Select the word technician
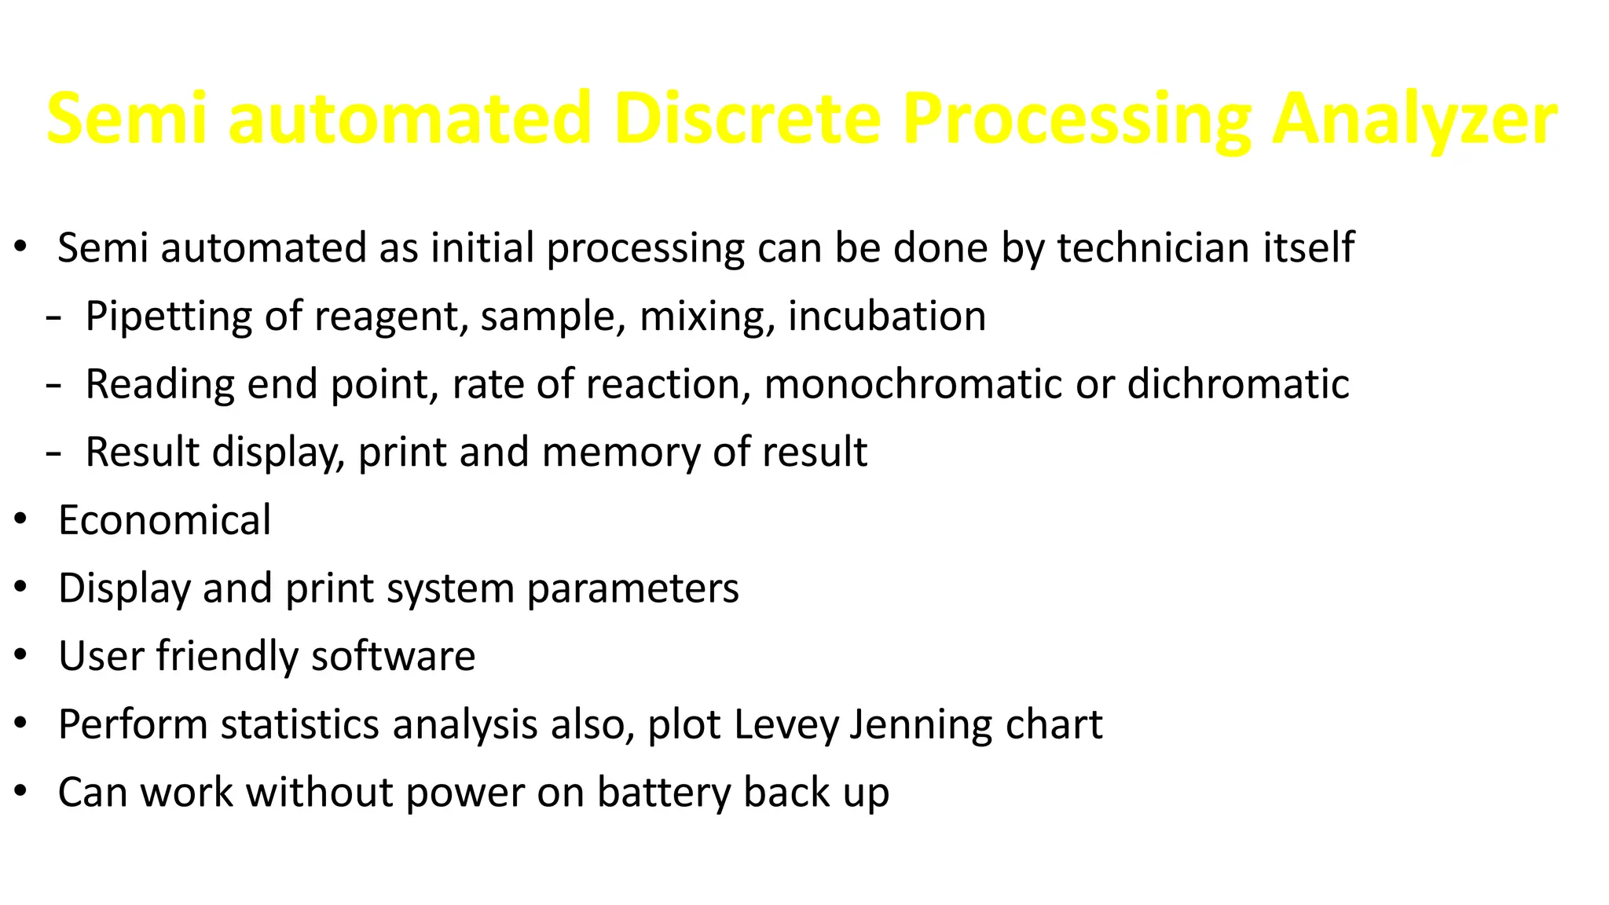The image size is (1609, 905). tap(1153, 248)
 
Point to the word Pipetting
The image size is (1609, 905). tap(168, 317)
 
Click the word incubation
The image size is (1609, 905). tap(886, 317)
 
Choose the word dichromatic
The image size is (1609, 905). tap(1237, 384)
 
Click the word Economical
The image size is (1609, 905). tap(164, 520)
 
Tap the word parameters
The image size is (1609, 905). tap(632, 588)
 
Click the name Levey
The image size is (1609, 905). tap(786, 724)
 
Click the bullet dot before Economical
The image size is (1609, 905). tap(21, 519)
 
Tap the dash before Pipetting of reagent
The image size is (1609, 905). tap(53, 319)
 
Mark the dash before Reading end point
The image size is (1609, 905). tap(53, 387)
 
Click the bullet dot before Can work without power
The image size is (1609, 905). tap(21, 791)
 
